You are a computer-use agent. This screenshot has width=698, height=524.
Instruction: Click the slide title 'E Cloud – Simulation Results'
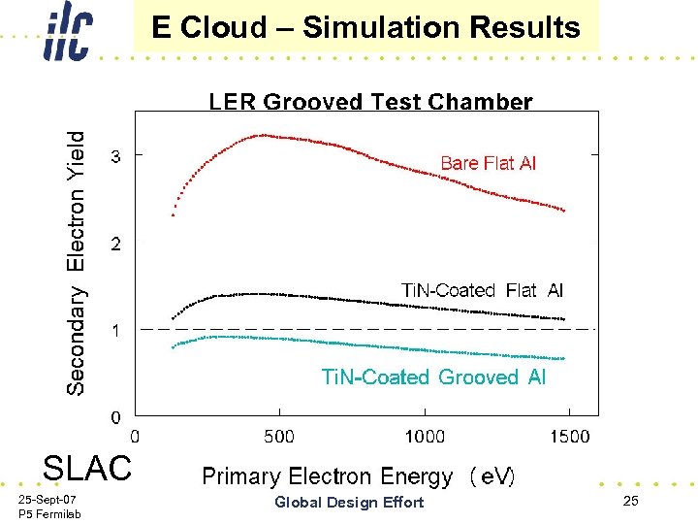click(366, 27)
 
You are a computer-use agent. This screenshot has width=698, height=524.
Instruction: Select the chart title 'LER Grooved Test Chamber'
click(370, 102)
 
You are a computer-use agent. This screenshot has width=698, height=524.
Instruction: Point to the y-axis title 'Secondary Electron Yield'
click(76, 263)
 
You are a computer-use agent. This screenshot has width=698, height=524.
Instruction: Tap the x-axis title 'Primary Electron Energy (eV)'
click(358, 476)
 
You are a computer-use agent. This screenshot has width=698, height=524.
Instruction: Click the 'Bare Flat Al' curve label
click(488, 163)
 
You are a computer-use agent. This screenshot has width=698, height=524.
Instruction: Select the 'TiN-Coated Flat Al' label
click(482, 290)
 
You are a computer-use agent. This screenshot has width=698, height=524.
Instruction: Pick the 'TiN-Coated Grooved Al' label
click(433, 377)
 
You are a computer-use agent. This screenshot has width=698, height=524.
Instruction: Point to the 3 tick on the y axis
click(116, 155)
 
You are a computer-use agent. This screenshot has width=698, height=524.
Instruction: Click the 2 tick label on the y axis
click(116, 244)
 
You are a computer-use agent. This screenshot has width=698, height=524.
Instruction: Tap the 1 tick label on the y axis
click(116, 331)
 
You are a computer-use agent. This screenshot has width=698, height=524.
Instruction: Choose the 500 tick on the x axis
click(279, 437)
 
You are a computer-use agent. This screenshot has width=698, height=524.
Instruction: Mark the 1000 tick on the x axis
click(425, 437)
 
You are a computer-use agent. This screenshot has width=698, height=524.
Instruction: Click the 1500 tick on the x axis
click(569, 437)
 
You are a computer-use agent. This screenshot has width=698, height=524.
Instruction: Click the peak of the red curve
click(262, 135)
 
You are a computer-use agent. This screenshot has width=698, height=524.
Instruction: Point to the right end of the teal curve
click(563, 359)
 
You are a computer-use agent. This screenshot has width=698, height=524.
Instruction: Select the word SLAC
click(86, 468)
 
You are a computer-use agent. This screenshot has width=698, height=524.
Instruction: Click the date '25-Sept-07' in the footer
click(48, 498)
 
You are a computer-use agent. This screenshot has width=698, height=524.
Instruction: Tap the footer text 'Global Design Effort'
click(349, 502)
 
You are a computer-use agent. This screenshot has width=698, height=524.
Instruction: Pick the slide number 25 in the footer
click(631, 501)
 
